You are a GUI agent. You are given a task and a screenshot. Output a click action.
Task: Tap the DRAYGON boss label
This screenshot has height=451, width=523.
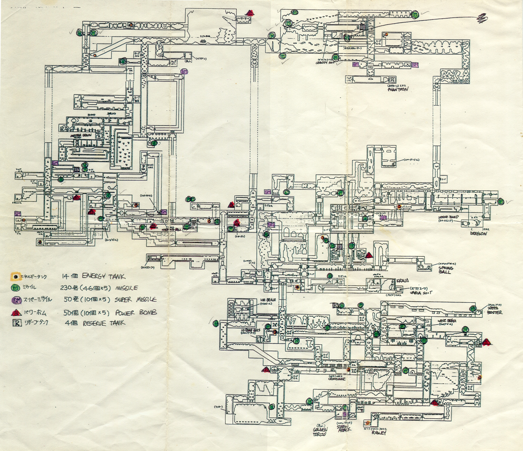pos(478,233)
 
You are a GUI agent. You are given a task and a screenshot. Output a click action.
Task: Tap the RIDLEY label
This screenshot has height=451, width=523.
pos(379,433)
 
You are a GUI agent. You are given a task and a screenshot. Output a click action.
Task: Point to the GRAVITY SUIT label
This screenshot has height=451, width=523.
pos(325,63)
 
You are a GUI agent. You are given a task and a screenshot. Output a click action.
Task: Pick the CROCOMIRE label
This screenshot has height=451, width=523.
pos(337,379)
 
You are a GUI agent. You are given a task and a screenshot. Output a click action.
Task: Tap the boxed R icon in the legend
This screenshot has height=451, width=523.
pos(17,323)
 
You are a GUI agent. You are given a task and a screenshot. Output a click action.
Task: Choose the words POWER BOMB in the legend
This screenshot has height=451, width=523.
pos(136,312)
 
